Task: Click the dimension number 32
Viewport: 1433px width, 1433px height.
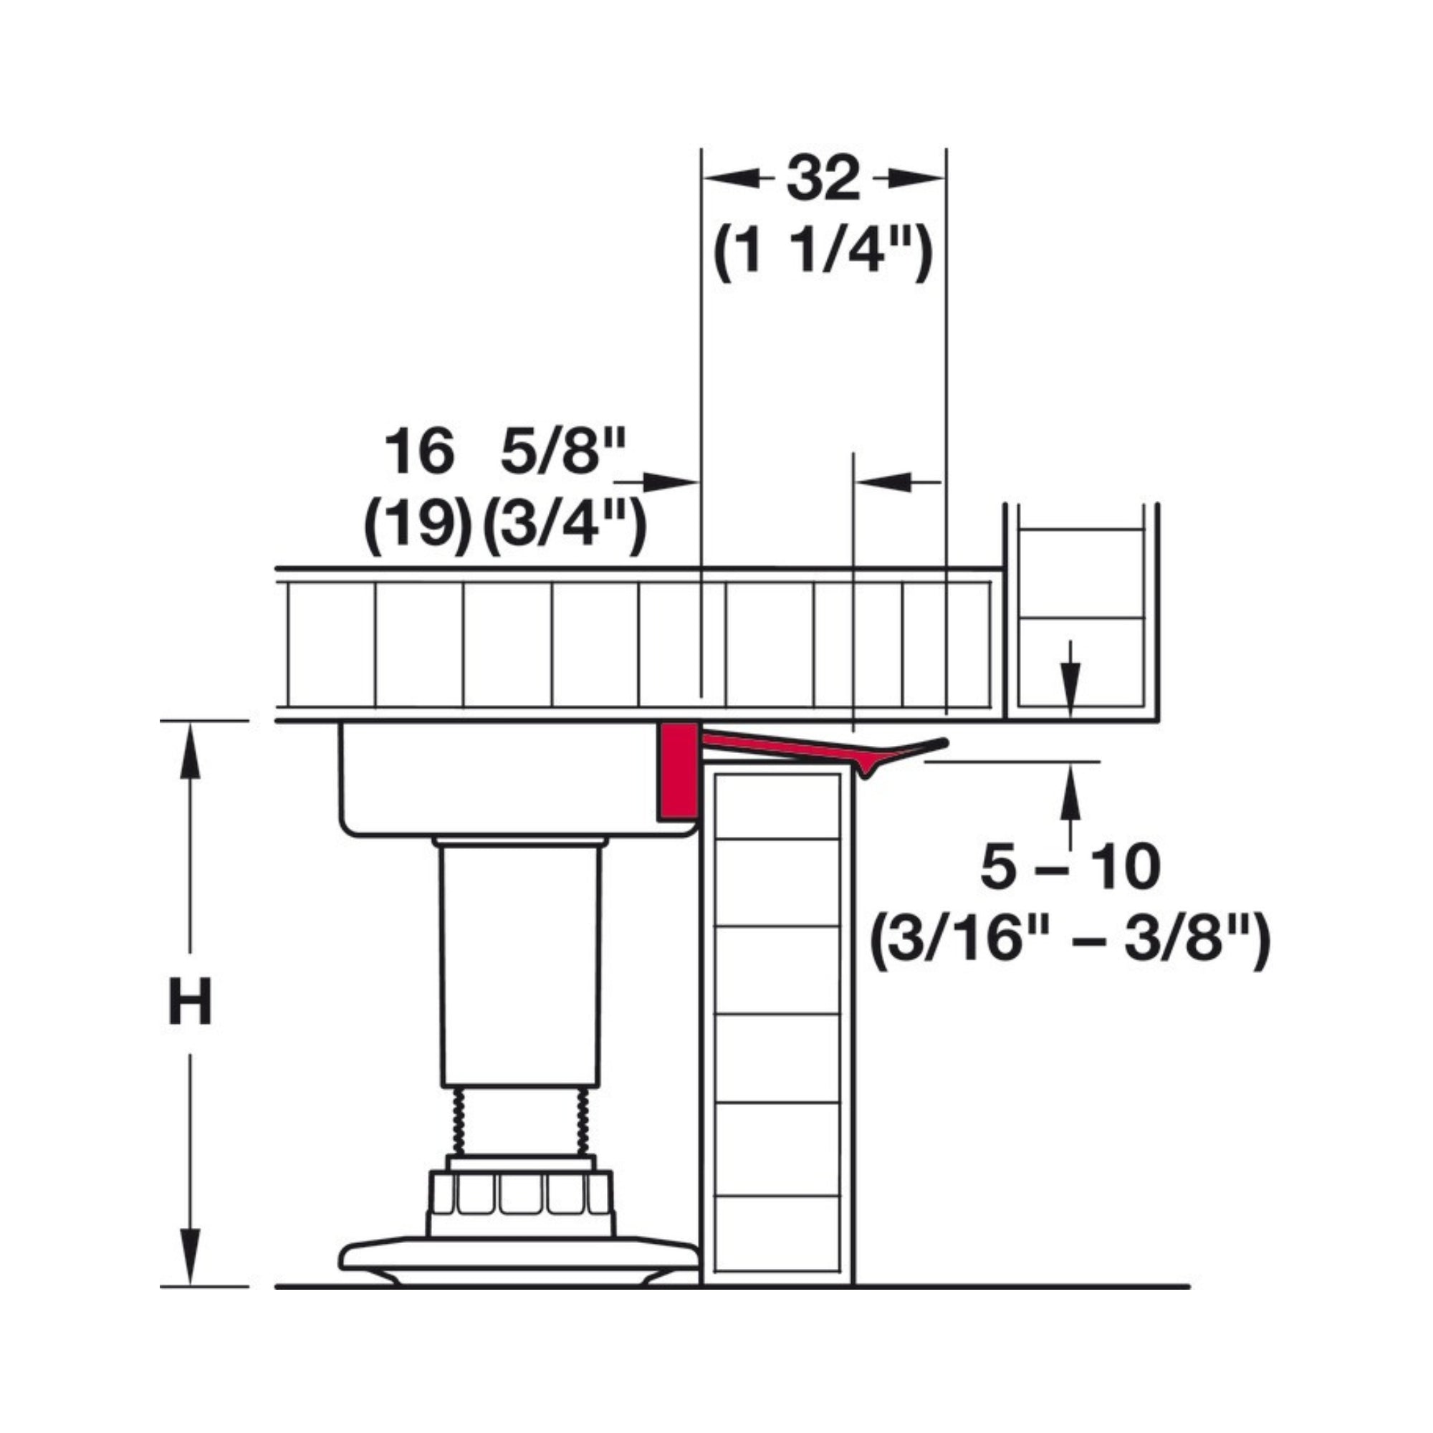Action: click(x=823, y=178)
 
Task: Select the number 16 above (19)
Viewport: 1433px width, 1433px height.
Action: click(x=419, y=451)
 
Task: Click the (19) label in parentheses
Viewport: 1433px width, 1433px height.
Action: click(x=418, y=527)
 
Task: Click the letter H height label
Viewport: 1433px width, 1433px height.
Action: click(x=190, y=1002)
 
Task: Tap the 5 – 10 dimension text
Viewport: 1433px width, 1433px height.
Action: click(x=1070, y=868)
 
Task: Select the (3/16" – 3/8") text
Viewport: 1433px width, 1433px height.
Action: click(x=1070, y=943)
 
